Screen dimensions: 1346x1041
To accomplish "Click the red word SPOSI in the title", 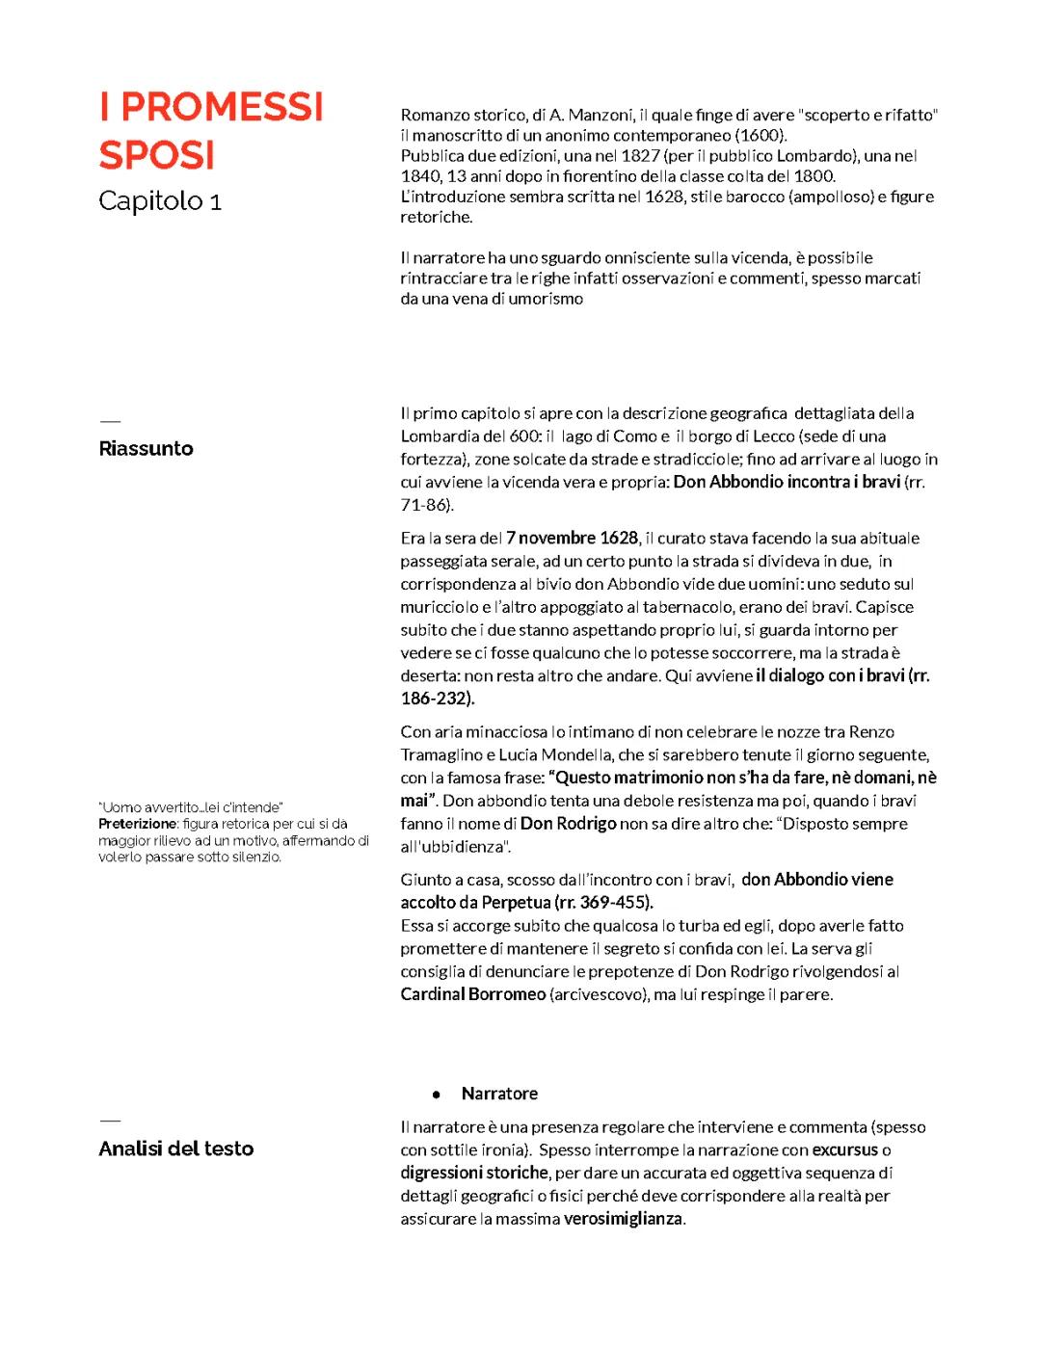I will pos(156,155).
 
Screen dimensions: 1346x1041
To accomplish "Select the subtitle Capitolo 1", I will pos(160,200).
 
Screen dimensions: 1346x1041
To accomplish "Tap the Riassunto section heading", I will pos(146,448).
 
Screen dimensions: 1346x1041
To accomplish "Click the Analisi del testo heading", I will pos(175,1148).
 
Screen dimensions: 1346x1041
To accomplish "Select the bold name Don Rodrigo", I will pos(568,824).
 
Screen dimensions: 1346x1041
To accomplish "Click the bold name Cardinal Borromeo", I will pos(472,994).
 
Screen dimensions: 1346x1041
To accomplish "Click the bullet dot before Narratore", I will pos(437,1095).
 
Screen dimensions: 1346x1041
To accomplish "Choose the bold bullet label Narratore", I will pos(499,1094).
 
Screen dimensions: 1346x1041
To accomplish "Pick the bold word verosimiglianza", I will pos(624,1219).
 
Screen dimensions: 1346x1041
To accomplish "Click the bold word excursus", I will pos(844,1149).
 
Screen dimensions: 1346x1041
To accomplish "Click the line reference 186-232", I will pos(436,699).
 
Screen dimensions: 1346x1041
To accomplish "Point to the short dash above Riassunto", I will pos(110,421).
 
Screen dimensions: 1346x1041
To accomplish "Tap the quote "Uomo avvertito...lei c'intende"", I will pos(190,807).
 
